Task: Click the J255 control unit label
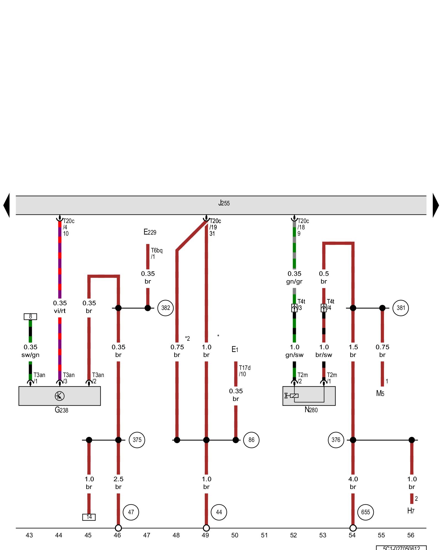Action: point(224,203)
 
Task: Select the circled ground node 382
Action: point(165,308)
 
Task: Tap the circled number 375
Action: point(137,440)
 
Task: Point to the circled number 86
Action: point(251,440)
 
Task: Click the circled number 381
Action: point(401,308)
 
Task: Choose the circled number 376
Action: point(336,440)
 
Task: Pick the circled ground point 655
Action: point(365,512)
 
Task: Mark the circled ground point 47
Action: point(131,512)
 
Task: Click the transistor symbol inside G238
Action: point(60,396)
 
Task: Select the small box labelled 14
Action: point(89,517)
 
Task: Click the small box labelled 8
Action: point(30,317)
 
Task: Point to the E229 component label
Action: point(150,232)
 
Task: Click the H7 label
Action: point(411,511)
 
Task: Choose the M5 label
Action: point(380,394)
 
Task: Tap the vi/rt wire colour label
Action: point(60,311)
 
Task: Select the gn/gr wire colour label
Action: point(294,282)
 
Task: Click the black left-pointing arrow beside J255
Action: point(7,205)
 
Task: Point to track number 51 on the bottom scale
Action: point(264,535)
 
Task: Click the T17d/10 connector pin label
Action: point(244,371)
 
